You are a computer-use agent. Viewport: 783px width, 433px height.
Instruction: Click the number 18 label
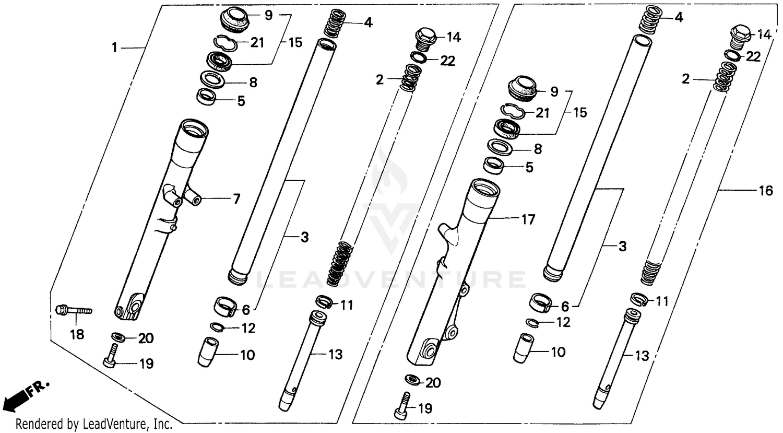click(77, 334)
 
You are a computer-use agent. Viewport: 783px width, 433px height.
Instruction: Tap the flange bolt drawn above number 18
click(73, 310)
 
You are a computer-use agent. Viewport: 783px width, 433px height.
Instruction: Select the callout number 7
click(236, 198)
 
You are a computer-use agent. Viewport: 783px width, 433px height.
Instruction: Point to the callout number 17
click(528, 219)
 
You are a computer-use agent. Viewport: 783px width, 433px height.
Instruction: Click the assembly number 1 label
click(114, 48)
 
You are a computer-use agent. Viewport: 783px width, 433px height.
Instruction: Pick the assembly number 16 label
click(765, 191)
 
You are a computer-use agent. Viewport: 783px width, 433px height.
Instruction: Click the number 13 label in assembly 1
click(335, 354)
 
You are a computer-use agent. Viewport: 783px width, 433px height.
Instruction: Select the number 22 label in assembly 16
click(753, 57)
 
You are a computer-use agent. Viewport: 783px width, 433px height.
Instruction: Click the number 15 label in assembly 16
click(580, 112)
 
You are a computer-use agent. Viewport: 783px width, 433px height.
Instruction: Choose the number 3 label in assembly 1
click(304, 237)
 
